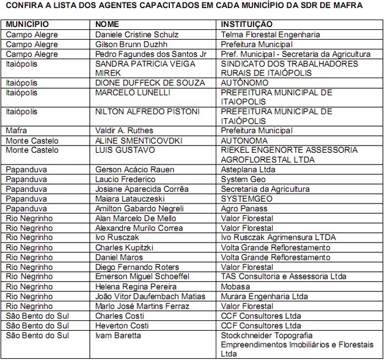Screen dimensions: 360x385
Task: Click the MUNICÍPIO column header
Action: coord(28,24)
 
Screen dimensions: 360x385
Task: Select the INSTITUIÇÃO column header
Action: coord(247,24)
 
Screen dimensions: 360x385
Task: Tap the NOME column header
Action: coord(108,24)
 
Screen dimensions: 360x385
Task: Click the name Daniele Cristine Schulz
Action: coord(137,35)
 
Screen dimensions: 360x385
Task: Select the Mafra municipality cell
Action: coord(16,131)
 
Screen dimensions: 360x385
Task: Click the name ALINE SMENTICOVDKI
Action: coord(139,141)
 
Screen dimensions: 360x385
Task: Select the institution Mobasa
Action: coord(235,287)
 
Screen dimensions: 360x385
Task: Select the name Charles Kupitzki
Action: coord(124,248)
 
